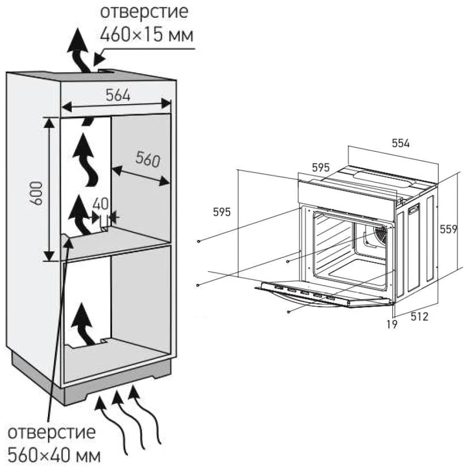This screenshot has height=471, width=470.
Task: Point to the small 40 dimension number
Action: [x=100, y=204]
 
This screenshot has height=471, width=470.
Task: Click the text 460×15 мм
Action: [x=147, y=34]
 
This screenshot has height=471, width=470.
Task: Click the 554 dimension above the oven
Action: [x=401, y=143]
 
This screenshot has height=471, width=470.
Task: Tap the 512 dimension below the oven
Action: [x=419, y=317]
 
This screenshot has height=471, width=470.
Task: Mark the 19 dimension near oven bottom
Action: [x=392, y=324]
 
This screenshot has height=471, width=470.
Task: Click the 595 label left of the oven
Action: [x=221, y=212]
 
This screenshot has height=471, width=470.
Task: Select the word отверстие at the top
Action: [x=146, y=11]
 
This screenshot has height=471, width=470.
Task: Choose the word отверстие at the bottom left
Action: [x=51, y=433]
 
